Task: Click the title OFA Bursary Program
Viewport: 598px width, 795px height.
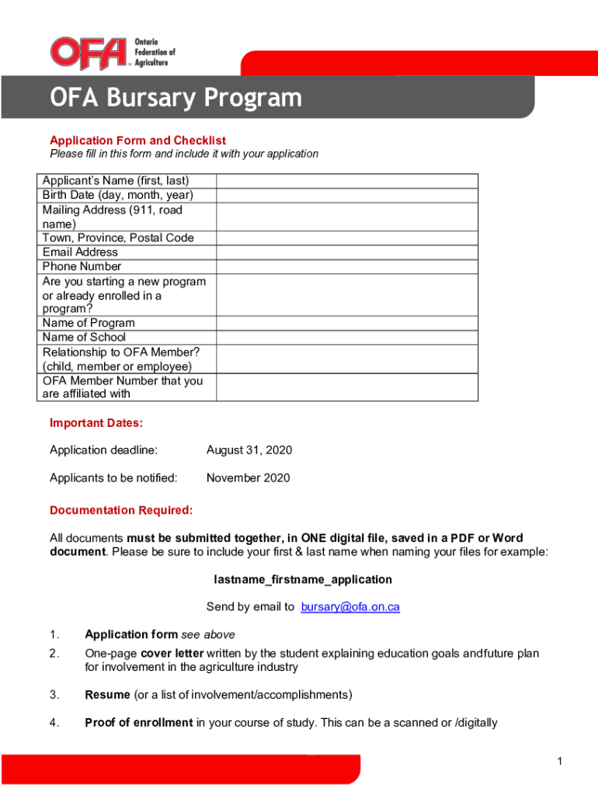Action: pos(176,99)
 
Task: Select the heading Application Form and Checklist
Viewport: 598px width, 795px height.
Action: pos(137,141)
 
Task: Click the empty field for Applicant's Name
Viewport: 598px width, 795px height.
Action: pos(346,181)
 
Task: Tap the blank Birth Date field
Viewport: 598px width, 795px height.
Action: pos(346,195)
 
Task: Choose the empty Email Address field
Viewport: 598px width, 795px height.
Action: pos(346,252)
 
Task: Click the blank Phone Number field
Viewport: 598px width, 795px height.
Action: pos(346,266)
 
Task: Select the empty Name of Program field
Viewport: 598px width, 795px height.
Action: pos(346,323)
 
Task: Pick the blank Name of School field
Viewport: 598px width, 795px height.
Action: pos(346,337)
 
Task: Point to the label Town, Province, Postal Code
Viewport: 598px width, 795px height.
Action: pos(118,238)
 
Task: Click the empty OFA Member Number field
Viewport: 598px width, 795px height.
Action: pos(346,387)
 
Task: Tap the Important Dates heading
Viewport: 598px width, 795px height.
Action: pos(96,423)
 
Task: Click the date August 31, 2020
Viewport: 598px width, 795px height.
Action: pos(249,450)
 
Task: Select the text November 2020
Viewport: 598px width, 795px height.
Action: pos(248,478)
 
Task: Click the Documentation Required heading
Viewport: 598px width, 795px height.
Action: pos(121,511)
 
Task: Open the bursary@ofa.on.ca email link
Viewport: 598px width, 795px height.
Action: pos(350,607)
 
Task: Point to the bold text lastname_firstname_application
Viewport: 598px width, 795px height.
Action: pos(303,580)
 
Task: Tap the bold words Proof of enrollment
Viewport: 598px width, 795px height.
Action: pos(138,723)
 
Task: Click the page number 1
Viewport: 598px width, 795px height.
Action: pos(559,762)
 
